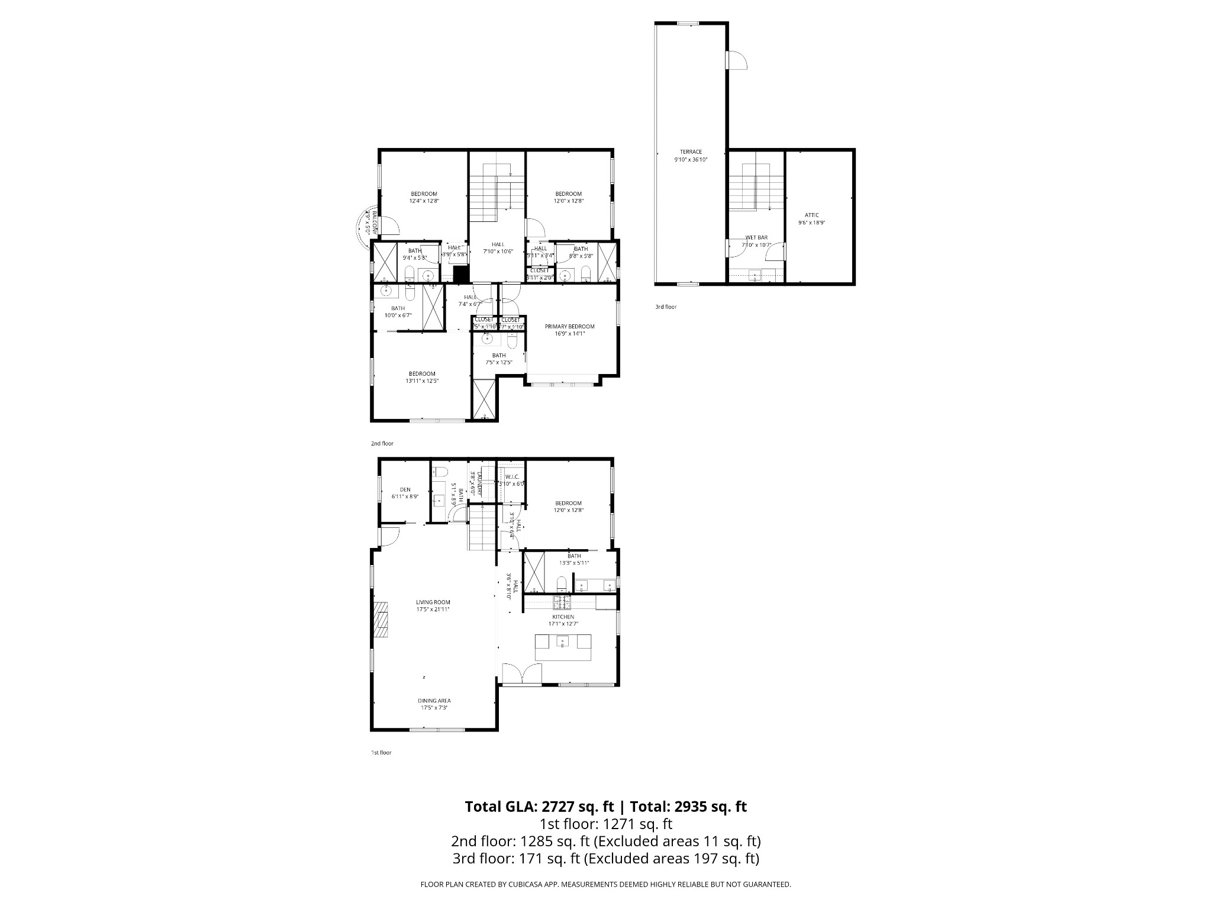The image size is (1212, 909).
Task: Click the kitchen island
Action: point(563,647)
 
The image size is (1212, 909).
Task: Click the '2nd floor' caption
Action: point(382,443)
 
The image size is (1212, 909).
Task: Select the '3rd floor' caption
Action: point(665,307)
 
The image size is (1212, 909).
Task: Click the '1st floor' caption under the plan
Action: point(381,753)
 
